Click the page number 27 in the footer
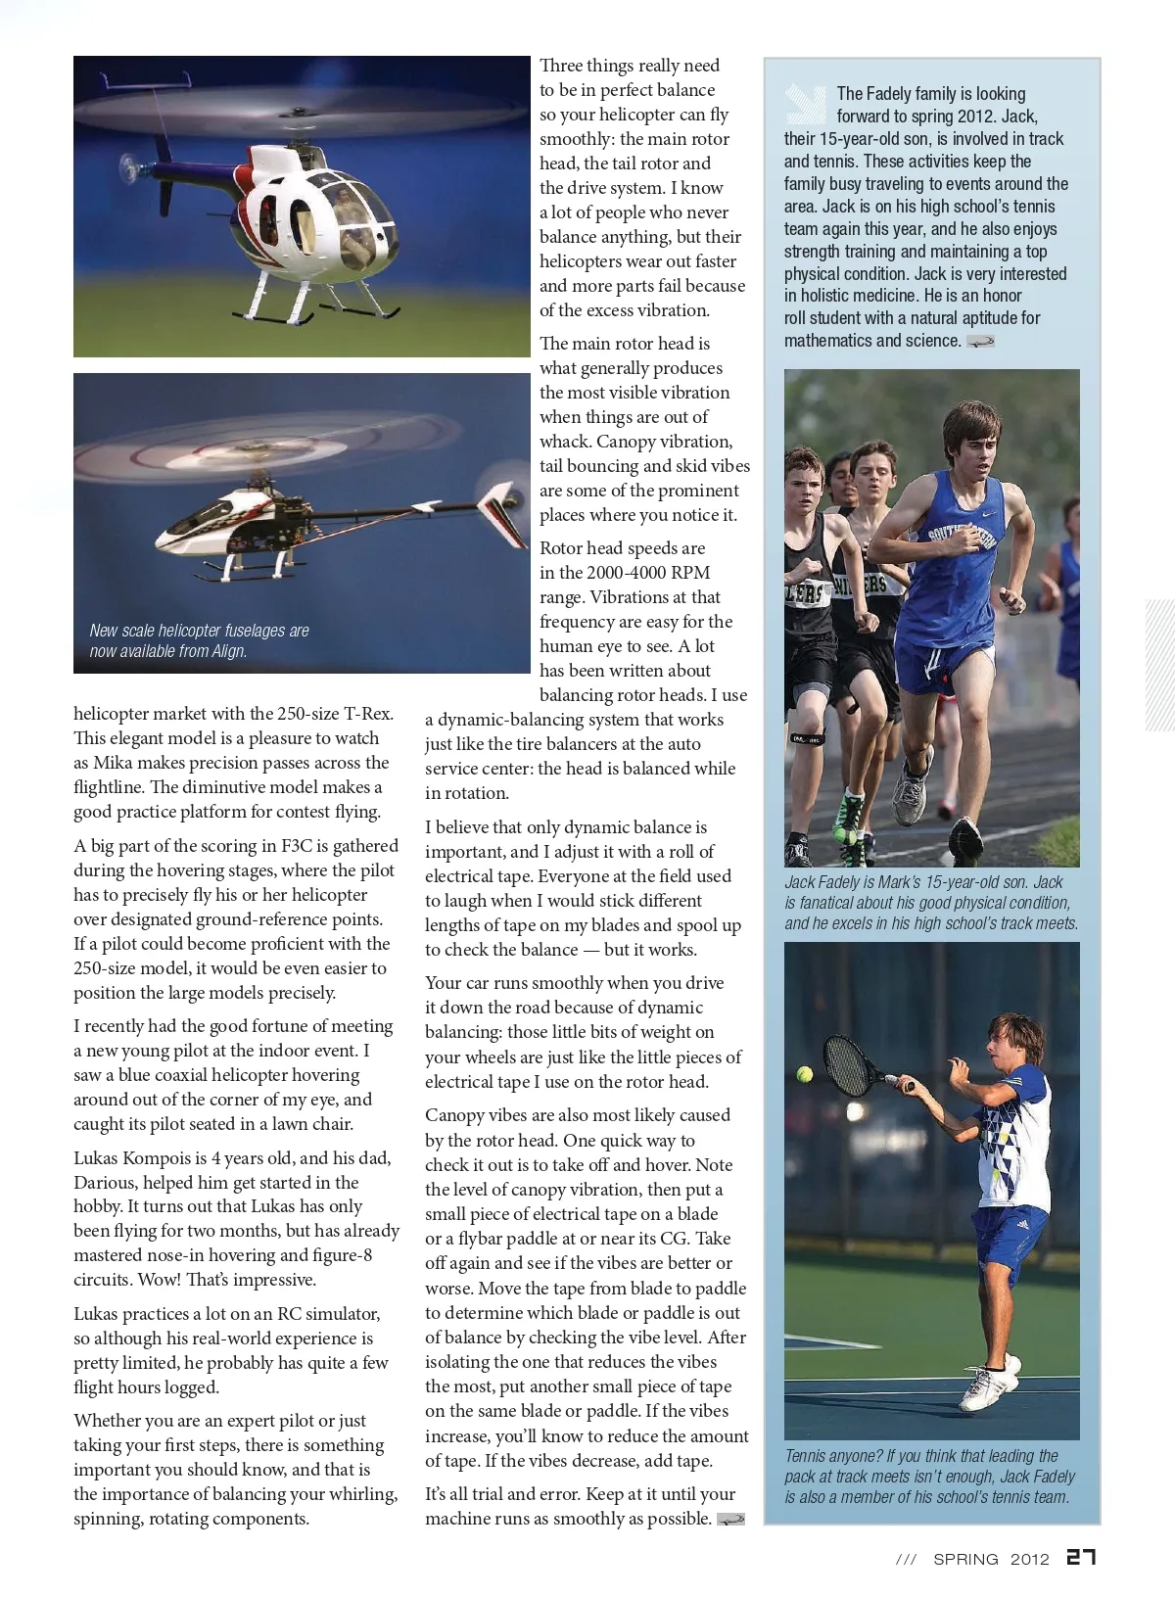tap(1080, 1557)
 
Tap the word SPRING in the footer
tap(965, 1559)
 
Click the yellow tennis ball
tap(805, 1073)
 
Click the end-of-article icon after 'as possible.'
tap(730, 1520)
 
